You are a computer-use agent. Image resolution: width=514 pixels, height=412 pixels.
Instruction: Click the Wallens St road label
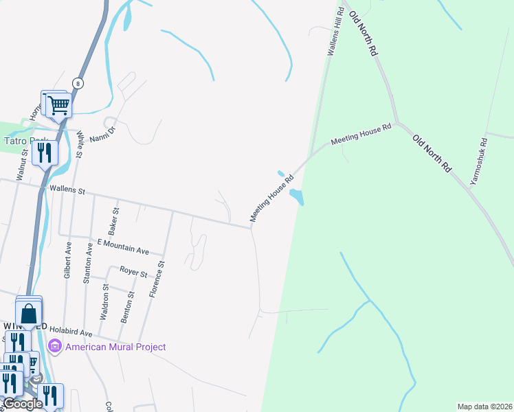click(x=63, y=190)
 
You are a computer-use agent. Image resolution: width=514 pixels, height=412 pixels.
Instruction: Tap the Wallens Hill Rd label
click(x=335, y=34)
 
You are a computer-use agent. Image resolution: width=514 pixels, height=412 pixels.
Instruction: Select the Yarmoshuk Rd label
click(x=479, y=162)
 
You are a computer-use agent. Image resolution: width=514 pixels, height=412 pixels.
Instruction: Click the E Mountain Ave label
click(x=123, y=247)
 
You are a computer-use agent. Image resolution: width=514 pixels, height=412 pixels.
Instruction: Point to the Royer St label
click(x=133, y=273)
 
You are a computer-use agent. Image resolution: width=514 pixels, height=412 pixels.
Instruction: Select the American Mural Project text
click(x=115, y=347)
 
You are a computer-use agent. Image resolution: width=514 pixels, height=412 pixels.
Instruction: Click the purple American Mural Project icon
click(x=56, y=346)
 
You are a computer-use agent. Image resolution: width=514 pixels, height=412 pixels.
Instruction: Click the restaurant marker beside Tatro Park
click(x=45, y=152)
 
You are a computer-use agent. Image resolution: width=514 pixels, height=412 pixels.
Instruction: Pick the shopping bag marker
click(x=30, y=313)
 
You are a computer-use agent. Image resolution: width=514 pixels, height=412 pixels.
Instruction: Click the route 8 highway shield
click(x=79, y=83)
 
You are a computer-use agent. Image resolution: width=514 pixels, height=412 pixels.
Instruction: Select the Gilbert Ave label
click(x=68, y=256)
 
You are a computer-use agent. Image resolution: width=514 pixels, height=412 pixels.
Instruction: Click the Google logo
click(x=22, y=404)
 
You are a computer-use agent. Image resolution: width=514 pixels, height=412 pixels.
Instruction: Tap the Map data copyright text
click(x=484, y=407)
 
